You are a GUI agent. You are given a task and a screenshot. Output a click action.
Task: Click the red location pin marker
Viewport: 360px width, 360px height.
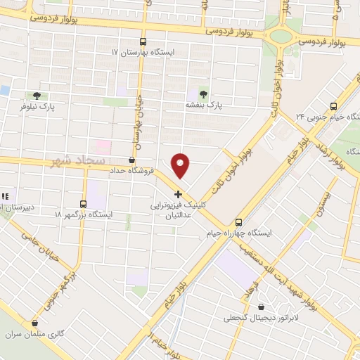pyautogui.click(x=181, y=166)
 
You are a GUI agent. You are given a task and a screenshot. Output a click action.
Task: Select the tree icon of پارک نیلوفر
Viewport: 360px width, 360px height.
pyautogui.click(x=36, y=96)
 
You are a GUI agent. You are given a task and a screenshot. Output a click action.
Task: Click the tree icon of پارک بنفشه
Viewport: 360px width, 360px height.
pyautogui.click(x=204, y=93)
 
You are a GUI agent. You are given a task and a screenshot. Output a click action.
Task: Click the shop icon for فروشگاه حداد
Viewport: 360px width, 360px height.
pyautogui.click(x=132, y=160)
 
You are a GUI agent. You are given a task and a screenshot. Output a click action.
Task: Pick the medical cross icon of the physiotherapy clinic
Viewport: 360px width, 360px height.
pyautogui.click(x=178, y=194)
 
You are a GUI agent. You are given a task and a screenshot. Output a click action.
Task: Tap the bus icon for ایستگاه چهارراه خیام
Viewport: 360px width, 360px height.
pyautogui.click(x=238, y=220)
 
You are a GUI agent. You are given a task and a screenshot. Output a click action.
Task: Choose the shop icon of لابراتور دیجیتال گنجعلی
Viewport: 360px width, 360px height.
pyautogui.click(x=262, y=307)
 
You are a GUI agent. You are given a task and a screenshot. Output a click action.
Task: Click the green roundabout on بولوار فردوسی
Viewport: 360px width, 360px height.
pyautogui.click(x=281, y=36)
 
